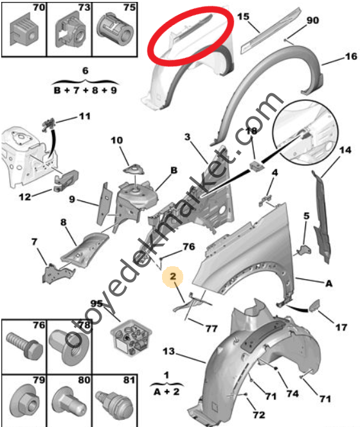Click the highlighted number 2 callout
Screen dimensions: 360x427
173,277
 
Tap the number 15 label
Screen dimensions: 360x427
243,17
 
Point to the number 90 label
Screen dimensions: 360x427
312,21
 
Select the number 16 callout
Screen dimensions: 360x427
351,57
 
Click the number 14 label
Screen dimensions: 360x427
345,150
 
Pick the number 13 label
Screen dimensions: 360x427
168,351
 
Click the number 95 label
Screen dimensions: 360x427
96,304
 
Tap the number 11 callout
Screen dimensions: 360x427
85,116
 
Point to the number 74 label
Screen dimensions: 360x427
292,394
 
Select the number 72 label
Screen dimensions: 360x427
259,415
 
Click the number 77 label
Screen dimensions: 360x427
212,329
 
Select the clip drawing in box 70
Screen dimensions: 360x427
24,32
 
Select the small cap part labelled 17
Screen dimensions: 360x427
314,305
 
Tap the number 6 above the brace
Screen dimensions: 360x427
85,71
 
